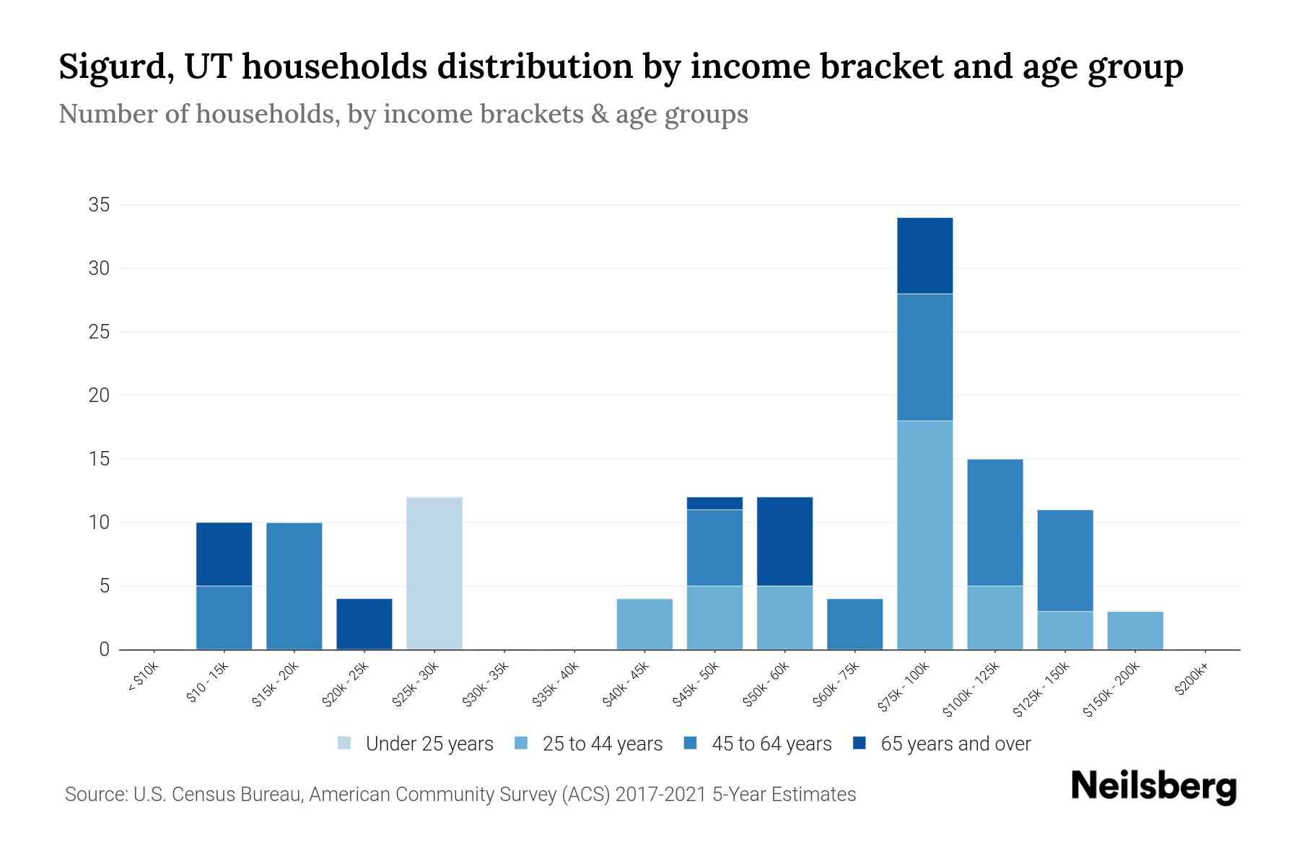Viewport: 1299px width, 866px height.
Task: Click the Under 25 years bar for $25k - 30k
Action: tap(434, 573)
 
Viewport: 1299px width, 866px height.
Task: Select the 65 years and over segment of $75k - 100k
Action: tap(924, 255)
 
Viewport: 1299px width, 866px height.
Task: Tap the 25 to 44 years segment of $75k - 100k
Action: tap(924, 535)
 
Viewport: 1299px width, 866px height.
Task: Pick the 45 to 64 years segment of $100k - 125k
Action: tap(994, 522)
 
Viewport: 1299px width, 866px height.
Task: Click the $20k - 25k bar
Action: tap(364, 624)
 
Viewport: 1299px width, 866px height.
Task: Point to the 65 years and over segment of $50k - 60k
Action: tap(784, 541)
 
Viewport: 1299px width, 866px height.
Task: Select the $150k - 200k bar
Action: tap(1134, 630)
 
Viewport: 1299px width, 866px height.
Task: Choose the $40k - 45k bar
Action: tap(644, 624)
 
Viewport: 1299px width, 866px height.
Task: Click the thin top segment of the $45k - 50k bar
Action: tap(714, 503)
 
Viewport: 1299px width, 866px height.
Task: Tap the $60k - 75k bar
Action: tap(854, 624)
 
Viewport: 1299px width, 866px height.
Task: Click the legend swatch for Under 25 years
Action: tap(345, 743)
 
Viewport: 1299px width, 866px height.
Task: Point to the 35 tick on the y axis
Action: tap(99, 205)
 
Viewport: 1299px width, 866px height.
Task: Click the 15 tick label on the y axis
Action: tap(99, 459)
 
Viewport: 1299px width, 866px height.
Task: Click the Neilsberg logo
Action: tap(1153, 787)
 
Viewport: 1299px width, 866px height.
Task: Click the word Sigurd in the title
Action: tap(115, 67)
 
